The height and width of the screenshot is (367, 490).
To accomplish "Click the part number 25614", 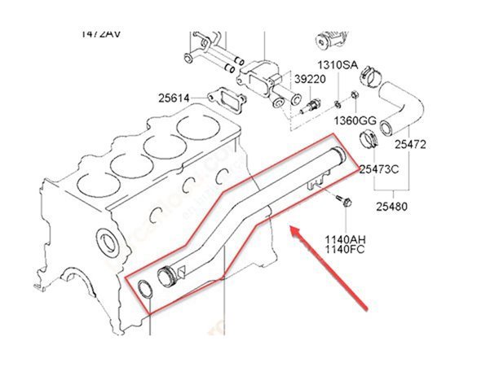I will point(174,98).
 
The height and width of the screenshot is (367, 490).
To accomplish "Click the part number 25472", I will point(411,145).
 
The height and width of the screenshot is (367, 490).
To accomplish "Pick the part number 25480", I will point(391,207).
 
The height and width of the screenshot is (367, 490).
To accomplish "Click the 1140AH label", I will point(347,239).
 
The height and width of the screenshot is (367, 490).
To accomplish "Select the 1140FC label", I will point(347,251).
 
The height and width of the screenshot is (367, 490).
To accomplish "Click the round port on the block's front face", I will point(106,242).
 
